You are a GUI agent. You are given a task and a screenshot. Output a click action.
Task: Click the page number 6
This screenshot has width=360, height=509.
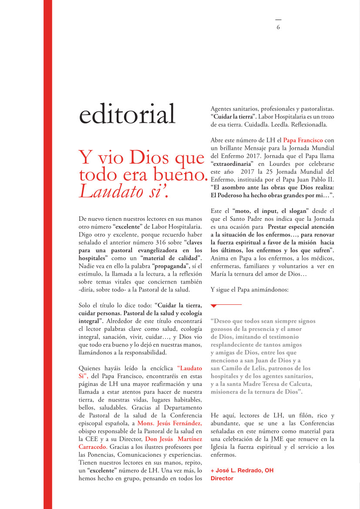278,27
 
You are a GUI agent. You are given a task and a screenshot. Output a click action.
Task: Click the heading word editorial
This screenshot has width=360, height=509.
127,115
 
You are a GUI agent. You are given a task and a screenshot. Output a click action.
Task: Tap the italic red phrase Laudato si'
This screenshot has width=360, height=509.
123,192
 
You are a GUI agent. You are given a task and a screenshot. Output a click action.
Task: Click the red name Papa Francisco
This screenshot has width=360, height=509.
303,140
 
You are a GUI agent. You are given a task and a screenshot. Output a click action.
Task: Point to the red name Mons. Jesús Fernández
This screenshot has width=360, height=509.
169,423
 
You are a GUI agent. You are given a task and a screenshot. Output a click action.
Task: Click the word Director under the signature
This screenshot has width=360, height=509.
222,478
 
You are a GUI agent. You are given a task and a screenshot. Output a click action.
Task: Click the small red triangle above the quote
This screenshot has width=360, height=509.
214,306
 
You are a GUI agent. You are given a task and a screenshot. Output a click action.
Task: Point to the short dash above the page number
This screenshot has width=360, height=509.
278,20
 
